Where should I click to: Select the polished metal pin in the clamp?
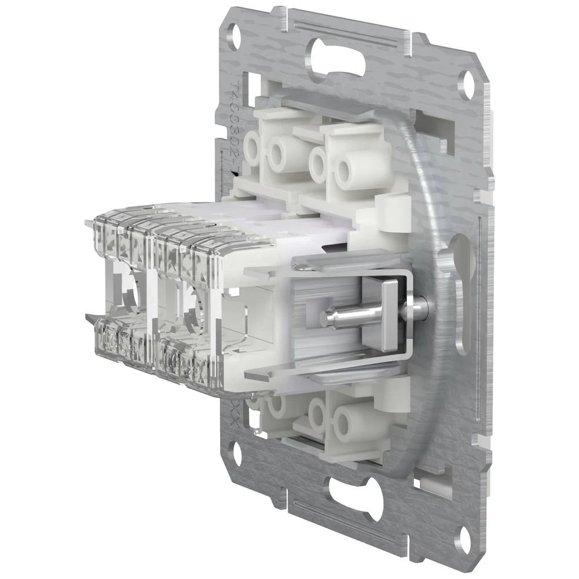tap(347, 316)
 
